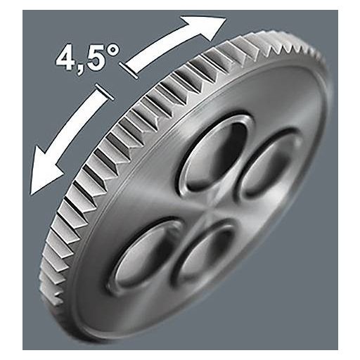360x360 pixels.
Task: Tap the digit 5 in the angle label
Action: point(96,58)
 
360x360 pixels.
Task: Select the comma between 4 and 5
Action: point(81,68)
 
